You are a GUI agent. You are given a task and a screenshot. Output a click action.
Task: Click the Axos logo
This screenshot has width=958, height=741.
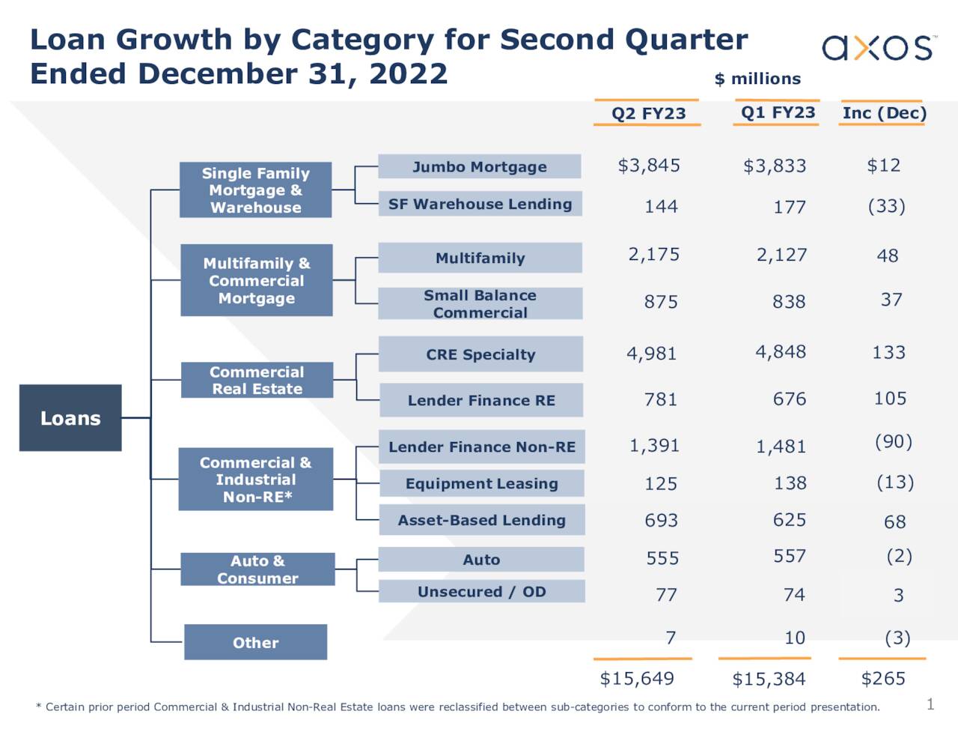[878, 47]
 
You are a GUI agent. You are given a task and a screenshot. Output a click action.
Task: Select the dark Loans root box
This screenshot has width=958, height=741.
[70, 418]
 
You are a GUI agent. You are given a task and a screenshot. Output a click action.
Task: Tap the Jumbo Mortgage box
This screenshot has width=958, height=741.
[479, 166]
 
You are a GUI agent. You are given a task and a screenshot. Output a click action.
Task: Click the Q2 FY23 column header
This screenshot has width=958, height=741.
[648, 113]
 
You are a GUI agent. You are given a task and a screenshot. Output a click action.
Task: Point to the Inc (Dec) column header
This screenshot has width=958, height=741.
[884, 113]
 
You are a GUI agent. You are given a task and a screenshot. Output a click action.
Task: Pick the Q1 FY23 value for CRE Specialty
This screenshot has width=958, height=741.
[781, 352]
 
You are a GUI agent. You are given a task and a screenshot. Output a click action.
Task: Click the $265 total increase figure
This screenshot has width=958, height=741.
[883, 679]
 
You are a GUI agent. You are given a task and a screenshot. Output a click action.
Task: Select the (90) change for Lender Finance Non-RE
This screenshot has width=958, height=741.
[894, 442]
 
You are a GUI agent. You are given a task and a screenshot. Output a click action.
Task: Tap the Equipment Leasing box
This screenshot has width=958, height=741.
[481, 484]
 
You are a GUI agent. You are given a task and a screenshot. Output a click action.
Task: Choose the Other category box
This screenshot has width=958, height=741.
[255, 642]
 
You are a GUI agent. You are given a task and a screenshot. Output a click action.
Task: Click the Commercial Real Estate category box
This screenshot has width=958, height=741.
[257, 381]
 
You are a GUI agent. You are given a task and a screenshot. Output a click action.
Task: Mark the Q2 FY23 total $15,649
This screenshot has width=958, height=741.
[637, 679]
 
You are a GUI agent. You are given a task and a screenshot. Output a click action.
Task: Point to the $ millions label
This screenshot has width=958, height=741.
[757, 79]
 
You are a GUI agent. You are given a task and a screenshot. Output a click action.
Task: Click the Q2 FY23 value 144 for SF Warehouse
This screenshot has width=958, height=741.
[661, 207]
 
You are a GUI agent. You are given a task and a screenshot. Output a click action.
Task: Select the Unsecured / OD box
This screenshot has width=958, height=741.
[481, 592]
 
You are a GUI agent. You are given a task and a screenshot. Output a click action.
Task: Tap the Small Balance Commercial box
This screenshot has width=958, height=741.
[480, 304]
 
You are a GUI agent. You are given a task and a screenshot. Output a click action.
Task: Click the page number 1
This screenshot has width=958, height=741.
[930, 704]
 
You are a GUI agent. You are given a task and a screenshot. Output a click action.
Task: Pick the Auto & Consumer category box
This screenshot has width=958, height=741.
[257, 569]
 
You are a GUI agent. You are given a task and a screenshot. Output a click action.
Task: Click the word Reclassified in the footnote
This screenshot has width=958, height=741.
[475, 707]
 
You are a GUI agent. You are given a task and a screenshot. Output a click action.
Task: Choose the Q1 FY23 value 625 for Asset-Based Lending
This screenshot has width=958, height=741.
[790, 520]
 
